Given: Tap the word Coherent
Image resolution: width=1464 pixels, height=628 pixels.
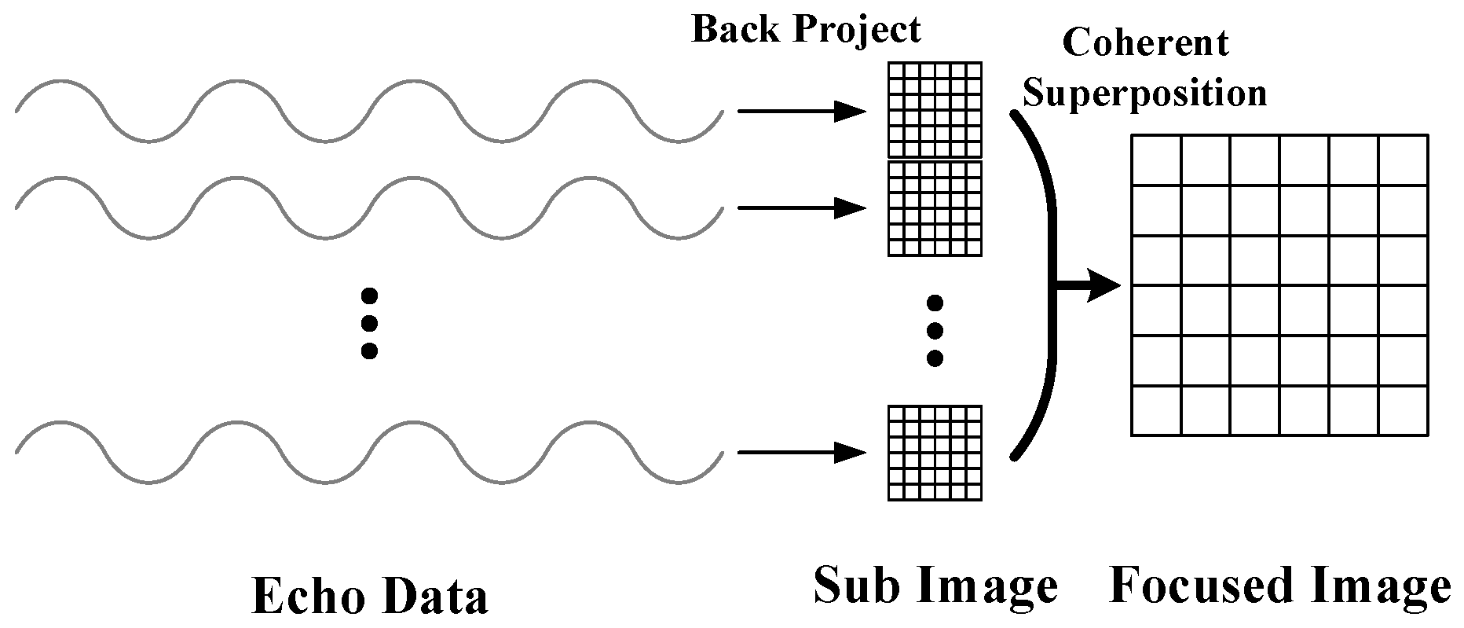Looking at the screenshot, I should [x=1144, y=42].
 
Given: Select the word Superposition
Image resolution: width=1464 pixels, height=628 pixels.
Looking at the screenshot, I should [x=1144, y=94].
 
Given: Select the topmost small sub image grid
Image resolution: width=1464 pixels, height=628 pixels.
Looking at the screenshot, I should [x=935, y=110].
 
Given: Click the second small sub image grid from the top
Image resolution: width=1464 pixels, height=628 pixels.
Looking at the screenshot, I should [x=935, y=208].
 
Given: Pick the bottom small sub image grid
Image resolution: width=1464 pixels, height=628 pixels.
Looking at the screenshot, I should [x=935, y=453].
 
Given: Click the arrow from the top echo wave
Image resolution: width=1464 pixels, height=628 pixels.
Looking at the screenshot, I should [x=801, y=112].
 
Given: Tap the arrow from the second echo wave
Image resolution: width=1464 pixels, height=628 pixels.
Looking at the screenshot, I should [x=801, y=208].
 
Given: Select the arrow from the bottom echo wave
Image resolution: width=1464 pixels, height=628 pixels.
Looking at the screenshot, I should [x=801, y=453].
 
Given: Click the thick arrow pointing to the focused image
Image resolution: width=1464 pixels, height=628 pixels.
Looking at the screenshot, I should [x=1088, y=287].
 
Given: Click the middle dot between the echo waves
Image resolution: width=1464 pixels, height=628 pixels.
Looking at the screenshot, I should [x=369, y=323].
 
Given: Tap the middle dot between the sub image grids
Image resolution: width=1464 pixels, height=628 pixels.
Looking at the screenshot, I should [x=935, y=330].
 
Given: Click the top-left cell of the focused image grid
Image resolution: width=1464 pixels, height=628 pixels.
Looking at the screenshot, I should [x=1156, y=160].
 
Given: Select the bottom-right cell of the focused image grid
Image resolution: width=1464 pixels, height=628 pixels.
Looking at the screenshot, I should [x=1403, y=411].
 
